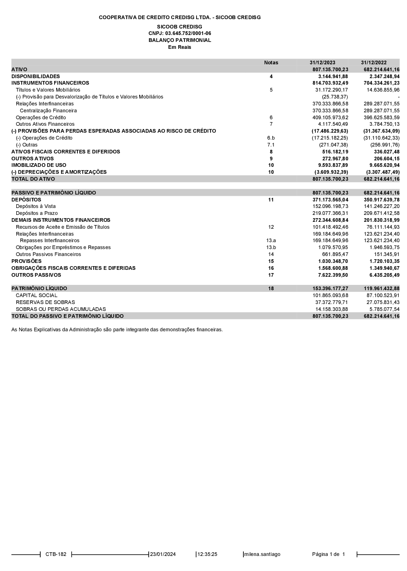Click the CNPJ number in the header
click(x=179, y=33)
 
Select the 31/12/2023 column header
click(x=322, y=63)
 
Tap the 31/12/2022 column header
click(x=374, y=63)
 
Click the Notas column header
click(x=271, y=63)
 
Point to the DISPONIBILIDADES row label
click(x=35, y=77)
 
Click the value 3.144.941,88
click(x=333, y=77)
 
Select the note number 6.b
click(x=271, y=138)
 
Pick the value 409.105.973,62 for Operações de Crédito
click(x=330, y=118)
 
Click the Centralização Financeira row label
click(x=48, y=111)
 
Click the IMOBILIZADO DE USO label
click(x=39, y=165)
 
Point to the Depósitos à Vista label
click(x=36, y=206)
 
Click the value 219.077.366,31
click(x=330, y=213)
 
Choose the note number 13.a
click(x=271, y=241)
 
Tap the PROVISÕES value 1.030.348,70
click(x=333, y=261)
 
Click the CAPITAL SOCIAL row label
click(x=37, y=295)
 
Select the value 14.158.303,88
click(x=332, y=309)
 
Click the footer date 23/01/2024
click(x=163, y=554)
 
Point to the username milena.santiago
click(x=262, y=554)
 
